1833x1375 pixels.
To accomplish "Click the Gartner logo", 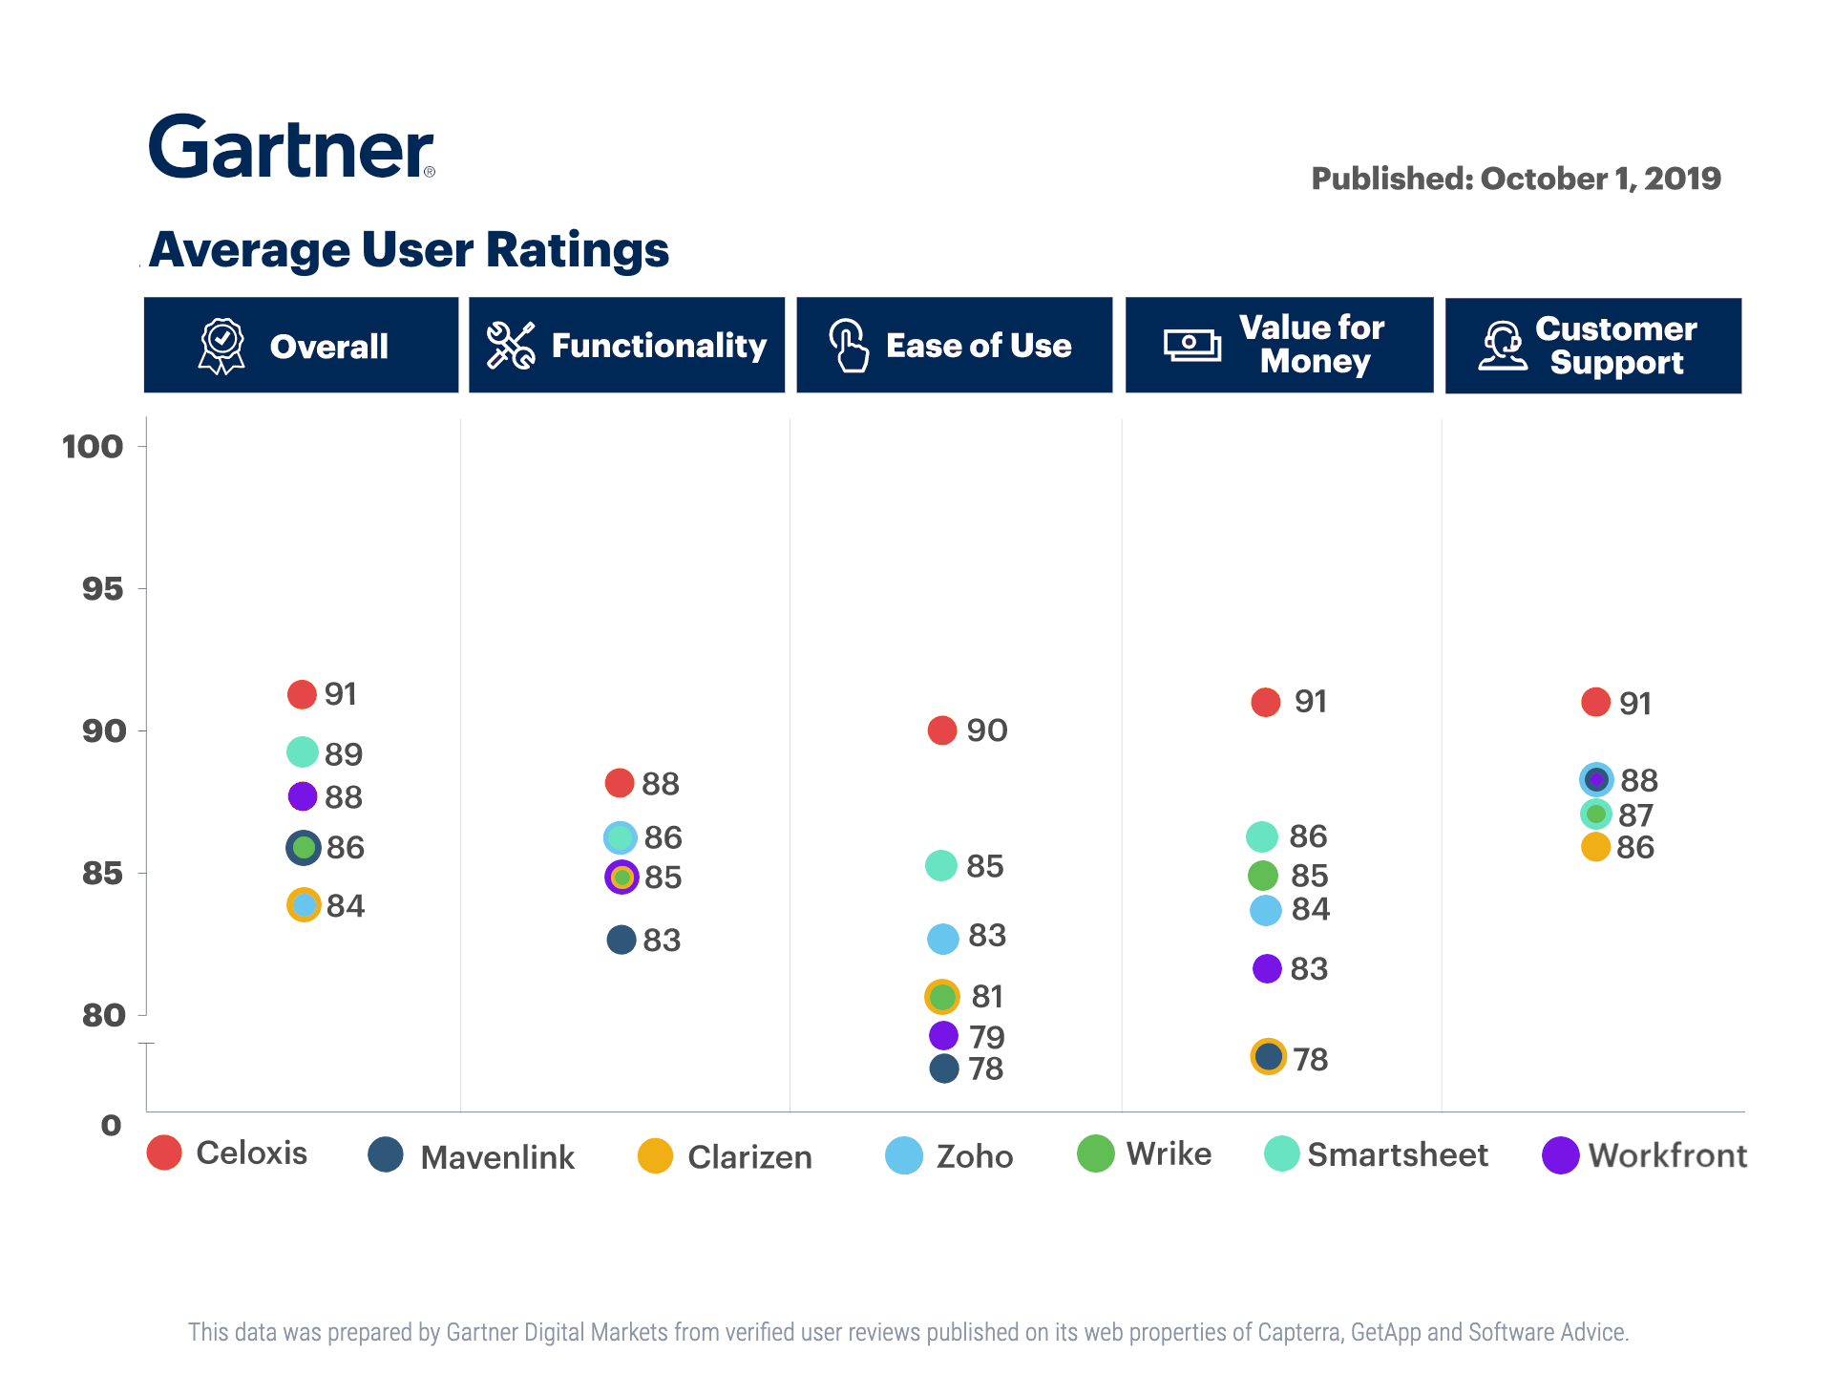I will click(x=291, y=147).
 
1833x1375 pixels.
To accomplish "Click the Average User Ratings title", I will click(x=409, y=250).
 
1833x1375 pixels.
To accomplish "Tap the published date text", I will click(x=1515, y=179).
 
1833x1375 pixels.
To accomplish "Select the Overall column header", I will click(x=301, y=346).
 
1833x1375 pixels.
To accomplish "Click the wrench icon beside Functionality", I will click(x=510, y=346).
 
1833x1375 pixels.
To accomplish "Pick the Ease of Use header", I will click(x=955, y=346).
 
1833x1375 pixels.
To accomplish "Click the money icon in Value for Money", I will click(x=1191, y=345).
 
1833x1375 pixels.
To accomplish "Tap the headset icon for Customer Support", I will click(x=1503, y=346).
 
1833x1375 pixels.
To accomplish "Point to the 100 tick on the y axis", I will click(x=93, y=446).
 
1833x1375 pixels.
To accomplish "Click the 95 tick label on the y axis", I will click(x=102, y=588).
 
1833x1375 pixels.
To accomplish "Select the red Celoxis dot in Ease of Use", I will click(x=942, y=730).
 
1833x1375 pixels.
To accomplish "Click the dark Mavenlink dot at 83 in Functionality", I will click(x=622, y=940).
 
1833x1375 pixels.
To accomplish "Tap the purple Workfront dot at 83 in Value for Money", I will click(x=1267, y=968).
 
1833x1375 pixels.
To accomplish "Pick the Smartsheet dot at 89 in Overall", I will click(x=303, y=752).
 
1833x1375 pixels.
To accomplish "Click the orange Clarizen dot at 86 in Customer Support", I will click(x=1595, y=847).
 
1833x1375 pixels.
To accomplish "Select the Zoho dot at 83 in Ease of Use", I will click(x=943, y=939).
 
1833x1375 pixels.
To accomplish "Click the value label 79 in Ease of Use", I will click(x=987, y=1037).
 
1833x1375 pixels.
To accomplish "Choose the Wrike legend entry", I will click(x=1145, y=1153).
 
